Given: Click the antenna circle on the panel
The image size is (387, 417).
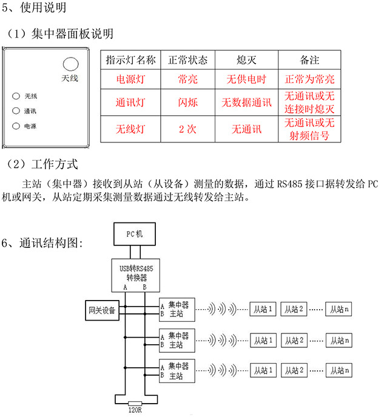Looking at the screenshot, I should click(x=70, y=64).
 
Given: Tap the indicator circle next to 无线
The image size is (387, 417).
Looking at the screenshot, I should click(x=15, y=96).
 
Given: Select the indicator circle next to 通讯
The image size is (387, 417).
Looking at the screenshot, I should click(x=15, y=112).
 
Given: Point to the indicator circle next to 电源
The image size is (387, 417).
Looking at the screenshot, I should click(x=15, y=127).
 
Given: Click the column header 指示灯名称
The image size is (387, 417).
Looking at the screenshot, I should click(x=130, y=61).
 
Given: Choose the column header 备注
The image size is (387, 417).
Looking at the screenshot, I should click(x=309, y=61).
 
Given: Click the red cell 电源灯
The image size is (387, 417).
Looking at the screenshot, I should click(x=130, y=79).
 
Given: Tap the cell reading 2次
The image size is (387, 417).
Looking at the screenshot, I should click(x=187, y=129).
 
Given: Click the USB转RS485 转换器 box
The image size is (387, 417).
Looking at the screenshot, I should click(x=135, y=274).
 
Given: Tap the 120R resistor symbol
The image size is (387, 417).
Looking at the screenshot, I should click(x=135, y=403).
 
